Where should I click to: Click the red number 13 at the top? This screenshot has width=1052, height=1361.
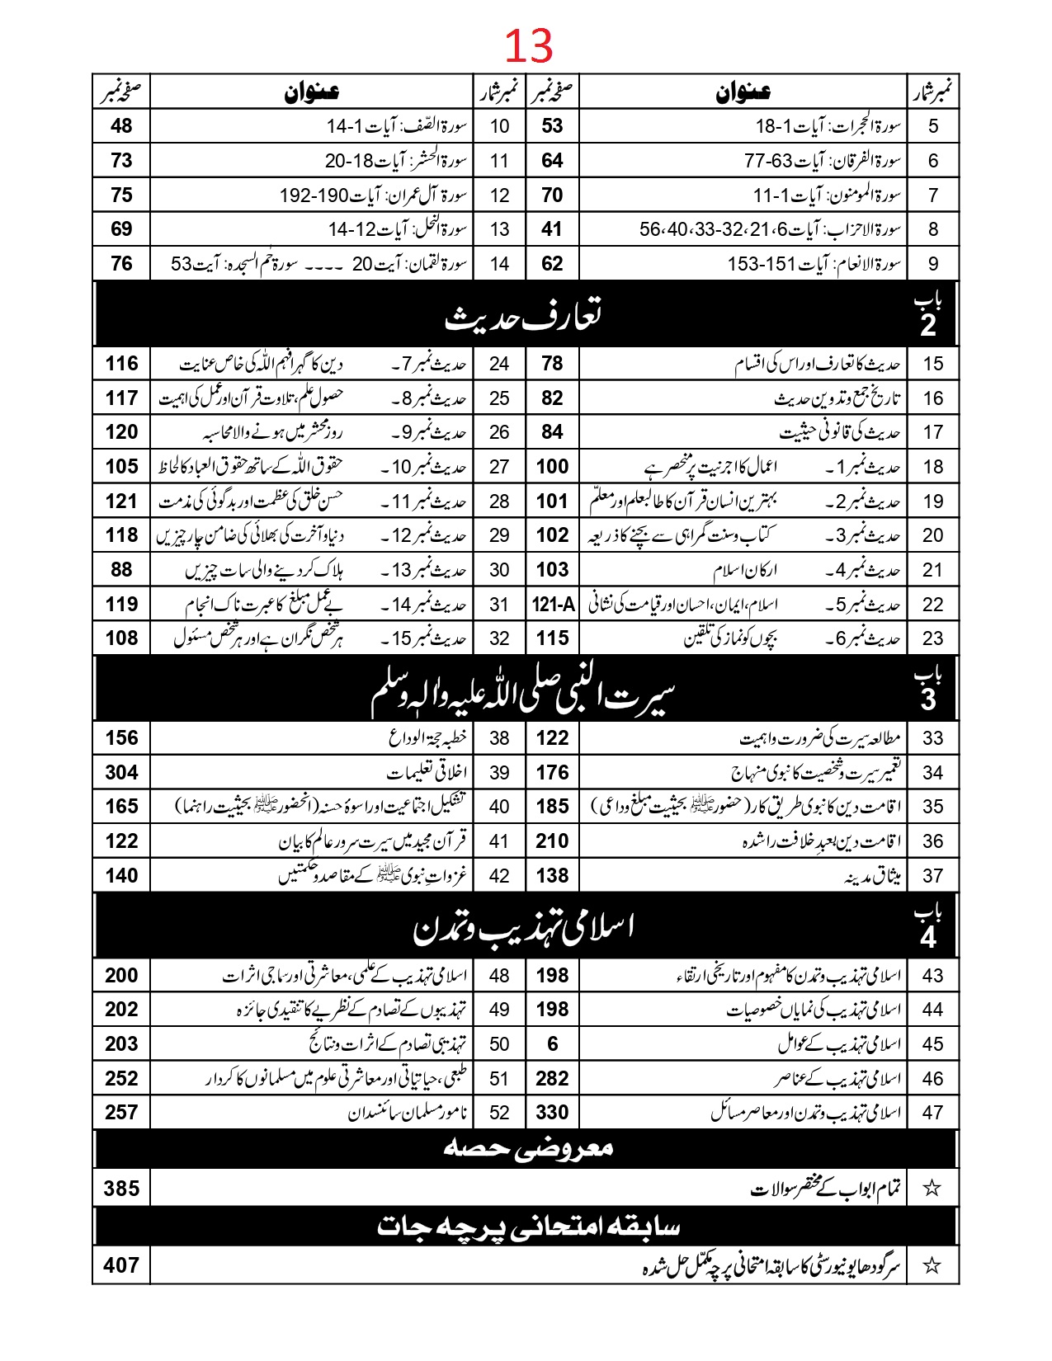coord(528,46)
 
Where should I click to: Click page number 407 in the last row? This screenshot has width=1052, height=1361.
coord(121,1264)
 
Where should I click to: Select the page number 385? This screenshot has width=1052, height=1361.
coord(121,1188)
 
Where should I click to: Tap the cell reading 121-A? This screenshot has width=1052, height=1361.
coord(552,605)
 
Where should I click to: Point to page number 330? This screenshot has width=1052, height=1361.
coord(552,1112)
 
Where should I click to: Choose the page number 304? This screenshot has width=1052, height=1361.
coord(121,772)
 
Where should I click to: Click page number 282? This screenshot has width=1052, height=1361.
coord(552,1078)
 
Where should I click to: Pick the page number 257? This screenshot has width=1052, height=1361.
coord(121,1112)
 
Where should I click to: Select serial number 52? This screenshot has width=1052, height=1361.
coord(499,1113)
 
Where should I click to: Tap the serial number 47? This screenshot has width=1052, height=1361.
coord(932,1113)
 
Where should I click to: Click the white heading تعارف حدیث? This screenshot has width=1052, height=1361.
coord(523,316)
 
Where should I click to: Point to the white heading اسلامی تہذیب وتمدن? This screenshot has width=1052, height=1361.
coord(523,928)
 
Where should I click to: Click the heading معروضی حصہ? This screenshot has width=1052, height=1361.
coord(528,1147)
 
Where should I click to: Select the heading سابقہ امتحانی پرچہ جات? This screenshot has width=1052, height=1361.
coord(528,1227)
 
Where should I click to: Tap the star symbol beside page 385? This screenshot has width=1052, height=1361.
coord(932,1188)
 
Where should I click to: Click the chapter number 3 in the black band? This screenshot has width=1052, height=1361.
coord(928,699)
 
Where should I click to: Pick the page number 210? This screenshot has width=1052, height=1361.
coord(552,841)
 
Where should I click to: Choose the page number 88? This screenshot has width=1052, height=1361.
coord(121,569)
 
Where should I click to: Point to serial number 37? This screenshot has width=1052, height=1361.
coord(932,876)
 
